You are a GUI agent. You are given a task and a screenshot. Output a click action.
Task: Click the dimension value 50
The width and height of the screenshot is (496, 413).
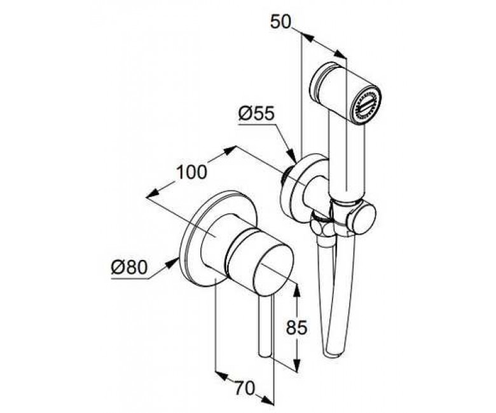[x=280, y=22]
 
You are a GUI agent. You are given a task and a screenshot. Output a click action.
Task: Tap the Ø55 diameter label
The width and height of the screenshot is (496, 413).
[x=256, y=113]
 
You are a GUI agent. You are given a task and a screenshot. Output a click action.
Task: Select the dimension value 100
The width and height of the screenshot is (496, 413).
[x=191, y=173]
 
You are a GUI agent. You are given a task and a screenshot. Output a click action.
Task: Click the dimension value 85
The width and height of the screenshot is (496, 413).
[x=296, y=328]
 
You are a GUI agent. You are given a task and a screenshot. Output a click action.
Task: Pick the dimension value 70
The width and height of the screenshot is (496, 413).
[x=244, y=388]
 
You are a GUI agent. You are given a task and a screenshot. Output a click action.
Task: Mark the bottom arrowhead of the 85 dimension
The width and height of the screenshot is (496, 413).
[x=297, y=364]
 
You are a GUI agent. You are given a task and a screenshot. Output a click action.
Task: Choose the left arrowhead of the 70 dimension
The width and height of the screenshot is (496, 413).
[x=221, y=376]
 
